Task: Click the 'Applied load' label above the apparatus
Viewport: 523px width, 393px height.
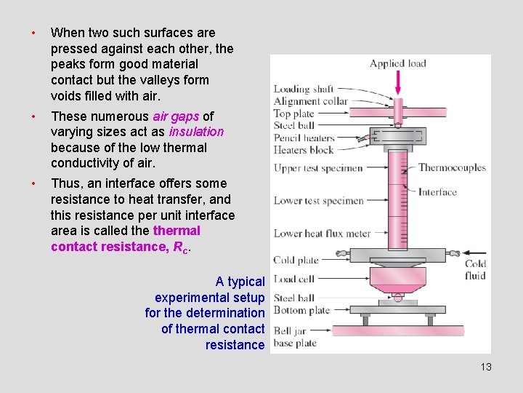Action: (x=397, y=63)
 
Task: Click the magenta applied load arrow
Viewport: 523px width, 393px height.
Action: (x=398, y=83)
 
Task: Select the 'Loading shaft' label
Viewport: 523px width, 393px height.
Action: (x=304, y=90)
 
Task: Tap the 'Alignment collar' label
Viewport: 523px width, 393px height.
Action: (x=311, y=102)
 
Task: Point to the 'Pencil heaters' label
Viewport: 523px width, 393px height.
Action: (x=304, y=138)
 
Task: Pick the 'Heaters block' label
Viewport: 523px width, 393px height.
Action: (x=303, y=150)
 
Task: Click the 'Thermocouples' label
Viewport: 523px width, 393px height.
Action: (x=452, y=167)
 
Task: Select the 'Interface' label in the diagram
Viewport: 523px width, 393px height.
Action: (x=437, y=192)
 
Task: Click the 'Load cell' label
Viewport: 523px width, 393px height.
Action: (x=295, y=279)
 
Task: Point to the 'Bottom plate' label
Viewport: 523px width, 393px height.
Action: (x=301, y=310)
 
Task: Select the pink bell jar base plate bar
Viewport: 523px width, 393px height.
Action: (x=397, y=330)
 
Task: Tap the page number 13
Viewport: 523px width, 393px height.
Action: (x=486, y=367)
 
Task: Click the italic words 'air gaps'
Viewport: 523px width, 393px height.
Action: (x=175, y=116)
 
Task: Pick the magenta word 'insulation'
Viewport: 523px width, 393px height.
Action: (x=196, y=132)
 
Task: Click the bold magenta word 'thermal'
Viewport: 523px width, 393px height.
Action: (x=177, y=231)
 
